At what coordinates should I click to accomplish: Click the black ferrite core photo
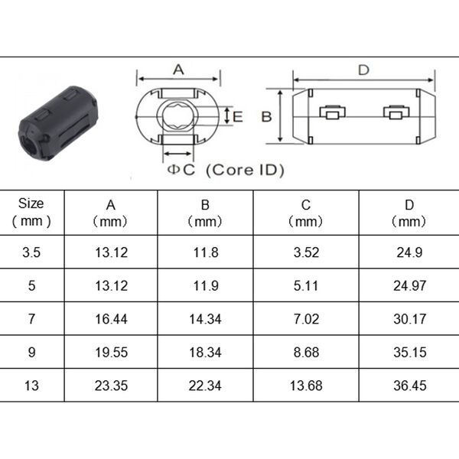[58, 123]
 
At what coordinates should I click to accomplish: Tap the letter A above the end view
[178, 70]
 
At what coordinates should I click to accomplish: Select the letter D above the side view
[363, 70]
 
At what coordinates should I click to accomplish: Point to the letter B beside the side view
[266, 116]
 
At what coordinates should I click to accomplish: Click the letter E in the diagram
[238, 116]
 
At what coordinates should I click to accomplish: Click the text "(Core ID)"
[245, 170]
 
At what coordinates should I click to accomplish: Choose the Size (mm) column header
[31, 212]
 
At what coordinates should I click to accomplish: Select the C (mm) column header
[305, 213]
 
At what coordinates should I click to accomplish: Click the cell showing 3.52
[306, 252]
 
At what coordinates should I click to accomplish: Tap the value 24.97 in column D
[409, 285]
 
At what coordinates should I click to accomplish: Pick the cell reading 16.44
[111, 319]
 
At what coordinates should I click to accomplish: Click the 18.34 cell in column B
[205, 352]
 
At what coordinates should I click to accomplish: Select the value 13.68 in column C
[306, 386]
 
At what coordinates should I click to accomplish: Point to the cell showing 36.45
[410, 386]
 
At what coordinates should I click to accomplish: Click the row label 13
[31, 386]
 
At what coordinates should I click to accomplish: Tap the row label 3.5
[31, 252]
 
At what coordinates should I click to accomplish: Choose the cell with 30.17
[410, 319]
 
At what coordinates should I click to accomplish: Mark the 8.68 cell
[306, 352]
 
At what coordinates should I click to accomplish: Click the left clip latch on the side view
[332, 112]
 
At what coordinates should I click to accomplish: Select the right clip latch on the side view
[396, 112]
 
